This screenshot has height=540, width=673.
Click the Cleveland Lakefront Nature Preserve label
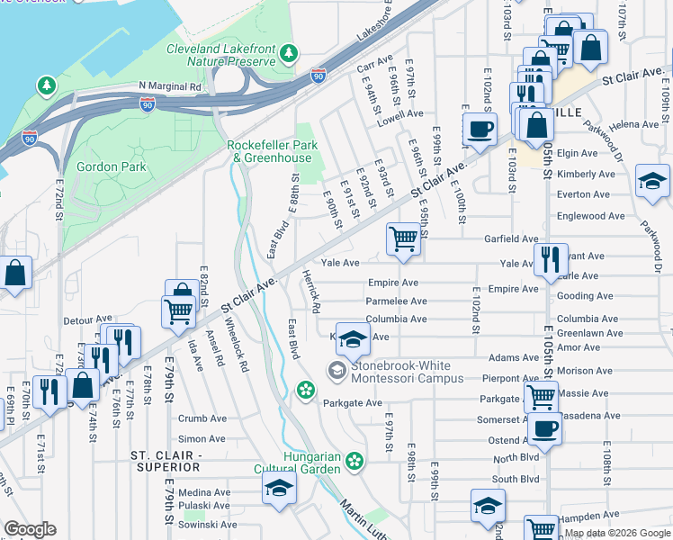point(220,54)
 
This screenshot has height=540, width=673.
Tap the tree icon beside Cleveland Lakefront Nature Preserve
point(288,53)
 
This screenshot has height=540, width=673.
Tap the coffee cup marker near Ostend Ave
point(545,428)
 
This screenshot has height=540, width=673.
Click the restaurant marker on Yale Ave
point(551,260)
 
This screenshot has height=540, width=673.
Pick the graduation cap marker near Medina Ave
point(279,490)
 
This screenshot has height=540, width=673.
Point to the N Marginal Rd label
point(170,86)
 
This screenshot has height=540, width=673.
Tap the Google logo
point(31,529)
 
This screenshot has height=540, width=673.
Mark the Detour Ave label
point(85,320)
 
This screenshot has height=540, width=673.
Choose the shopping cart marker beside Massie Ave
point(541,395)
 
